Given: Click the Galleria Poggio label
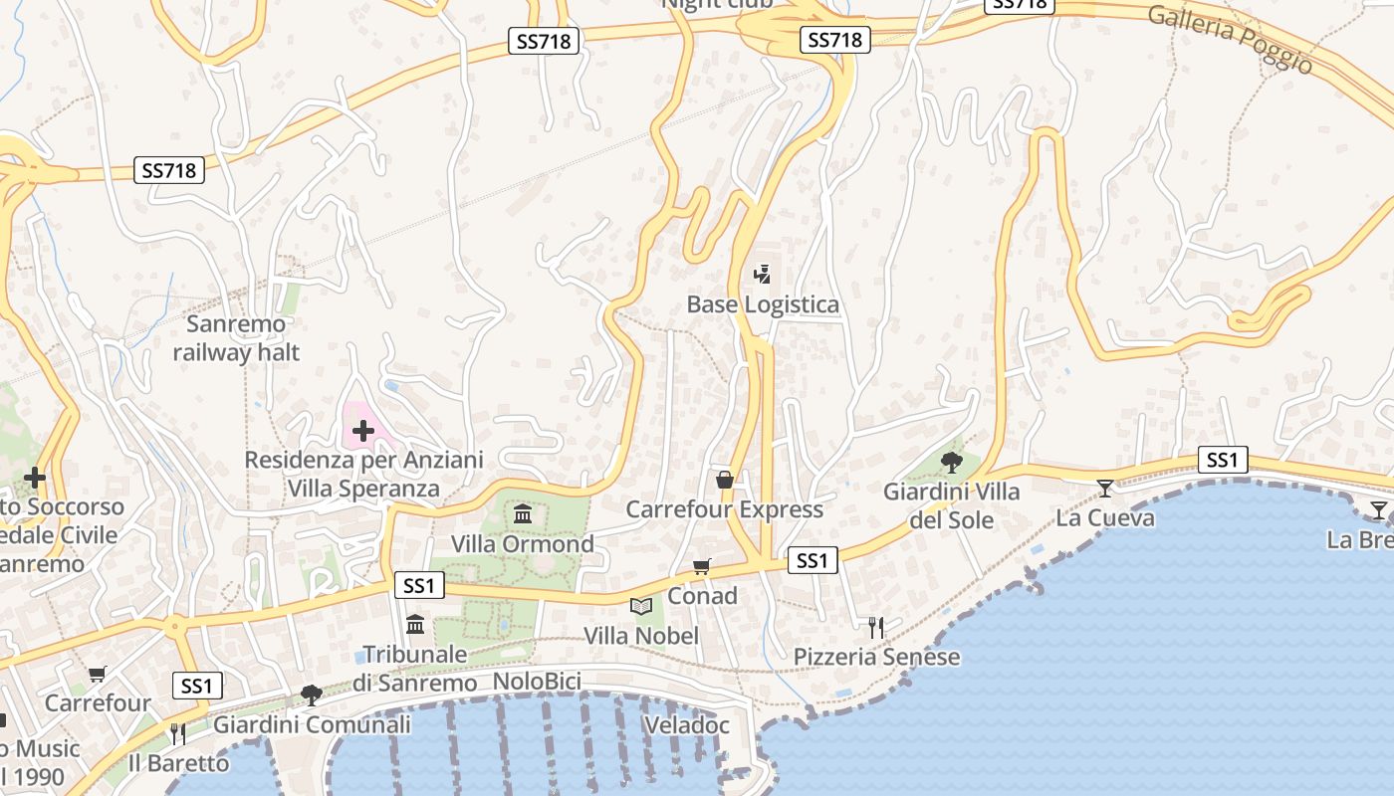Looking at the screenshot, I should coord(1231,38).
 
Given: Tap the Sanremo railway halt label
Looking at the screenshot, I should coord(236,338).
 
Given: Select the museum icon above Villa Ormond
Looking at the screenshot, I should coord(523,513).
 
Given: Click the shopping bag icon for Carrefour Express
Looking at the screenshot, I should coord(725,480).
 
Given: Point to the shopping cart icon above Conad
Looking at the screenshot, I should coord(702,566).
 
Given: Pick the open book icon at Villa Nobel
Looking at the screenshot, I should coord(641,605).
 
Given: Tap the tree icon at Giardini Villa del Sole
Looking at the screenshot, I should coord(952,462).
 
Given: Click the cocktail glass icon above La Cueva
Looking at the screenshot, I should coord(1105,488).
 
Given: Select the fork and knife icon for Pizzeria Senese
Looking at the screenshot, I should coord(876,627).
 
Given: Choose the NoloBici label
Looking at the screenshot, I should coord(537,683).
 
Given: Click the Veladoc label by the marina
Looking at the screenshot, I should coord(687,724).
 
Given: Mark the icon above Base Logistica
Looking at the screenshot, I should coord(763,274).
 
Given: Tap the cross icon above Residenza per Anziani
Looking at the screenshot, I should coord(362,431).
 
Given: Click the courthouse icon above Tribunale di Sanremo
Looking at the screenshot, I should coord(415,624).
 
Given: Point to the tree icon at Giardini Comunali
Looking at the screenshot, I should coord(312,695).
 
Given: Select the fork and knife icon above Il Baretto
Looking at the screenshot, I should coord(178,734).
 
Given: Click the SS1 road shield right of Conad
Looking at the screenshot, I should coord(813,560).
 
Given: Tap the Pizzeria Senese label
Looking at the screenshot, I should coord(876,657).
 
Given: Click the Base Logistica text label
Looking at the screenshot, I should coord(763,304).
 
